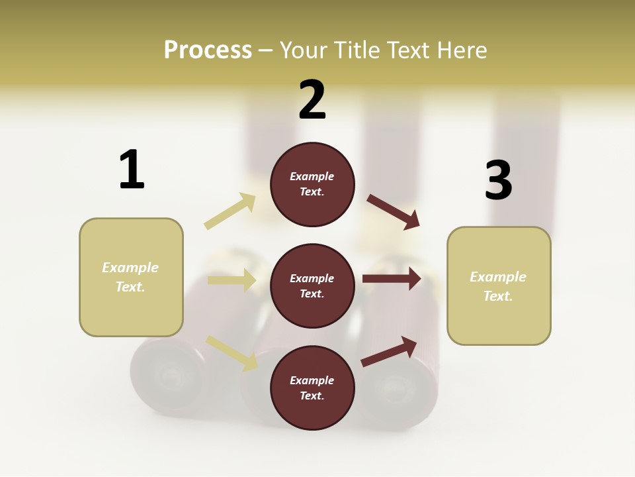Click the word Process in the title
tap(208, 50)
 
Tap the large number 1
tap(132, 170)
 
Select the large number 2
tap(312, 100)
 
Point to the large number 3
tap(499, 180)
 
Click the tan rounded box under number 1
tap(131, 277)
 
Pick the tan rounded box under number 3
tap(499, 286)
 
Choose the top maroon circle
tap(312, 184)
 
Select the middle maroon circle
tap(312, 286)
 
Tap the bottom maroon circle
tap(312, 388)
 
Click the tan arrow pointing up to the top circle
tap(230, 211)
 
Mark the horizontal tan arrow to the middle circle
tap(232, 280)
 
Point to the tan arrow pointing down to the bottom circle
tap(232, 352)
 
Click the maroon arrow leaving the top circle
tap(393, 212)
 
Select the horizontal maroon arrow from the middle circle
tap(391, 278)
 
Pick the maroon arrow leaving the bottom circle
tap(389, 351)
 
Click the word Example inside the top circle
tap(312, 176)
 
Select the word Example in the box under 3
tap(498, 277)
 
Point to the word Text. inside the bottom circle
tap(312, 396)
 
